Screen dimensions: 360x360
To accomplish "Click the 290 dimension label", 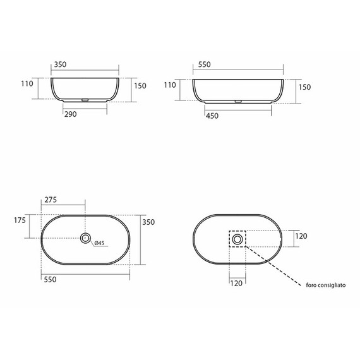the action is pos(71,114).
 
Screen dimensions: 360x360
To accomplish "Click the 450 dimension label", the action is pos(212,116).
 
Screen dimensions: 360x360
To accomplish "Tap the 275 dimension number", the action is pos(51,200).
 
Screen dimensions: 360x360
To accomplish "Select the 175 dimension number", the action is pos(20,220).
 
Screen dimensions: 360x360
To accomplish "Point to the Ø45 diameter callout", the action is pos(99,243).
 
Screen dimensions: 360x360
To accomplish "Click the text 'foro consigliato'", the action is pos(326,285).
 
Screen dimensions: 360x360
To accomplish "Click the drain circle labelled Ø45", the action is pos(85,238).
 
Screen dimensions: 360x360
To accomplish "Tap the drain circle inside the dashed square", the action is pos(237,239).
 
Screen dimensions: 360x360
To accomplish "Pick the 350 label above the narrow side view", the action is pos(60,64).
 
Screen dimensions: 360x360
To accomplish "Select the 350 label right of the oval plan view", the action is pos(148,222).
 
